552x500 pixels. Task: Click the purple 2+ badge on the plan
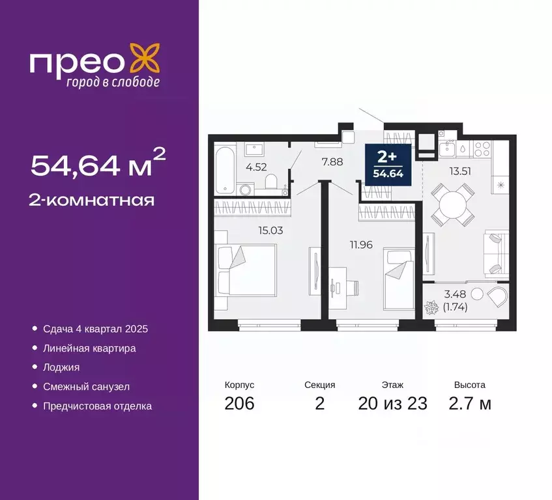(387, 163)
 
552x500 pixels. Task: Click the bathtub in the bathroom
(222, 171)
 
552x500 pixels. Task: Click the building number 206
(239, 404)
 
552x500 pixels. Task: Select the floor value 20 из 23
(392, 404)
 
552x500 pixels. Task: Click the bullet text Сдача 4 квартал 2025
(95, 329)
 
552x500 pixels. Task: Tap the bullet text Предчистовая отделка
(97, 406)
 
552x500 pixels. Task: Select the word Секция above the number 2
(319, 385)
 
